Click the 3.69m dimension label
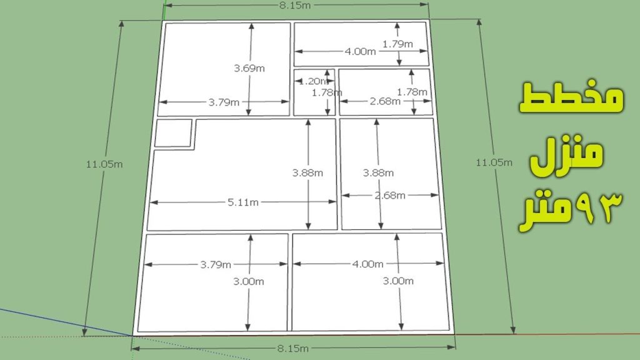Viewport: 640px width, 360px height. pyautogui.click(x=249, y=68)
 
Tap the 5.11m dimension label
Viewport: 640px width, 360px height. pyautogui.click(x=243, y=202)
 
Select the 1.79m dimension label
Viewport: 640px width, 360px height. pyautogui.click(x=397, y=44)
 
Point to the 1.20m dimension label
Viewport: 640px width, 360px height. pyautogui.click(x=313, y=81)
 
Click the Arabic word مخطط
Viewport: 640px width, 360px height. pyautogui.click(x=571, y=98)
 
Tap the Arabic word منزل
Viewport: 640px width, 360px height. pyautogui.click(x=566, y=155)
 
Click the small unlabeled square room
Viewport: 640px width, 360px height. pyautogui.click(x=173, y=132)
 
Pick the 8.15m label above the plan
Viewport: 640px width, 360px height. pyautogui.click(x=295, y=5)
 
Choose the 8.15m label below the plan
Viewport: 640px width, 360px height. pyautogui.click(x=292, y=349)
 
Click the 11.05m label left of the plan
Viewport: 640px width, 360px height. pyautogui.click(x=104, y=164)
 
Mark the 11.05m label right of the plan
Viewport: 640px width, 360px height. pyautogui.click(x=494, y=162)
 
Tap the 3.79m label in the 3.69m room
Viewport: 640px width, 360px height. pyautogui.click(x=224, y=102)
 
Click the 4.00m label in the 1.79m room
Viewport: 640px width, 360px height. pyautogui.click(x=361, y=51)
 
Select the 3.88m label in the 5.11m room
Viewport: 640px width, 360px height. pyautogui.click(x=307, y=173)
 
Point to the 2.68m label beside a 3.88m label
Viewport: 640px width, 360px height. pyautogui.click(x=390, y=196)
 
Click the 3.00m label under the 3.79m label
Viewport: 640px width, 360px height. pyautogui.click(x=249, y=281)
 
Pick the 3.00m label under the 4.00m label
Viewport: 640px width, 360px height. pyautogui.click(x=398, y=281)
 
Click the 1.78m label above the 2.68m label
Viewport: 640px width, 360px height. pyautogui.click(x=412, y=92)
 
